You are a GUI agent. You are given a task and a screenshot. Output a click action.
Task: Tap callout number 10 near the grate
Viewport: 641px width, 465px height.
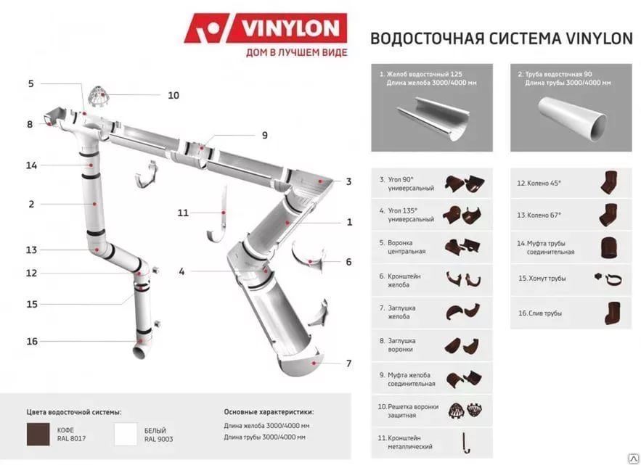(x=173, y=95)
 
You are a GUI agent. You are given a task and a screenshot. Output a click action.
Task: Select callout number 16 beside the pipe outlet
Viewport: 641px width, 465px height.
(x=32, y=341)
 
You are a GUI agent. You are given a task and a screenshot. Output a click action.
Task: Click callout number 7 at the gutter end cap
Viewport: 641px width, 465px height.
(x=348, y=363)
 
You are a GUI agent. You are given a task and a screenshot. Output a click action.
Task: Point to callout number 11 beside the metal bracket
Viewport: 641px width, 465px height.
(x=183, y=213)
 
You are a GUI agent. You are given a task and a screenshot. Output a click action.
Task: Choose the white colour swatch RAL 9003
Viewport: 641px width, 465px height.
(x=126, y=434)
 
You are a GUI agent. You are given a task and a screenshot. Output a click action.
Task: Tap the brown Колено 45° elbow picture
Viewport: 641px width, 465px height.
(x=608, y=184)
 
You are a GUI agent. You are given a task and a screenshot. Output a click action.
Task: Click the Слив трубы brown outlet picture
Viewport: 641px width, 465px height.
(x=608, y=313)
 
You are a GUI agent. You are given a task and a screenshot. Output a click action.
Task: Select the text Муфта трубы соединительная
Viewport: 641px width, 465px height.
(x=545, y=247)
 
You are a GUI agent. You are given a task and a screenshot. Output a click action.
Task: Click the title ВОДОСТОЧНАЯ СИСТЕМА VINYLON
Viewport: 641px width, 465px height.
(x=501, y=38)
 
